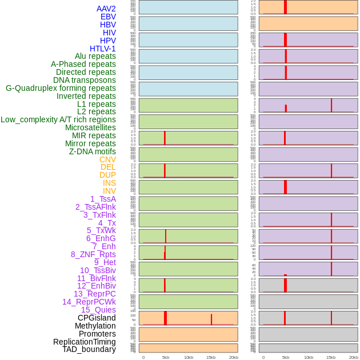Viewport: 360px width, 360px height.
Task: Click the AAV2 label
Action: [106, 9]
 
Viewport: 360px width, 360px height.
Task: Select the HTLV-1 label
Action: [103, 49]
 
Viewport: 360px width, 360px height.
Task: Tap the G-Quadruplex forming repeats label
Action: [61, 88]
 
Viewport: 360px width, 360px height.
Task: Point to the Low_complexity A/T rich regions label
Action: [58, 119]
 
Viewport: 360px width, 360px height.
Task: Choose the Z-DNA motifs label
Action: [93, 151]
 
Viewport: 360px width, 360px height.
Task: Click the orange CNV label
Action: [107, 159]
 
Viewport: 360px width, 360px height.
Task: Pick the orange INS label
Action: [109, 183]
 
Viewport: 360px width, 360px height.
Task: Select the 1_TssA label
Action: [103, 199]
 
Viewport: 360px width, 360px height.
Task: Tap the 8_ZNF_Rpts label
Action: [93, 254]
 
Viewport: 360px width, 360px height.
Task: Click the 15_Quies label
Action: [98, 310]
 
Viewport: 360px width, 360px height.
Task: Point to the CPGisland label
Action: [97, 318]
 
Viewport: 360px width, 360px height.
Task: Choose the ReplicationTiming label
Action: [85, 342]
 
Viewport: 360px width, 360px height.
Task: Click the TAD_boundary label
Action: [89, 349]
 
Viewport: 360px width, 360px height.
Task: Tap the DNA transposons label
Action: [85, 80]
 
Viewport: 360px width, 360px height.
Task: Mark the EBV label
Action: [108, 17]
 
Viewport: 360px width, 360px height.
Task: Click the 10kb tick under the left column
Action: [189, 357]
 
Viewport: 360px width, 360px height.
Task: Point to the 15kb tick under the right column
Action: [331, 357]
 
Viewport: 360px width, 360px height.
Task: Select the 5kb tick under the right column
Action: [286, 357]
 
